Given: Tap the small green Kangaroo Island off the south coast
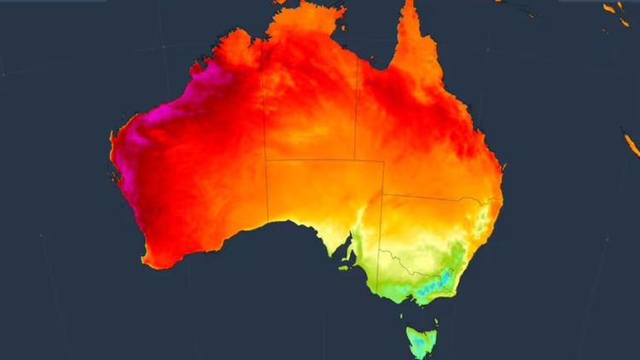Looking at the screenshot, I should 343,267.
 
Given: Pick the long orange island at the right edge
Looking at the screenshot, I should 631,144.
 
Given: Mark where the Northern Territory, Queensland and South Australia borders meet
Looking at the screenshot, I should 356,160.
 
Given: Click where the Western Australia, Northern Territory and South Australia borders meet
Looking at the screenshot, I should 265,160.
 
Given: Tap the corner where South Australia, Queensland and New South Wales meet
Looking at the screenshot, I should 383,195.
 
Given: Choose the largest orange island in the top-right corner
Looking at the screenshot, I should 610,9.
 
